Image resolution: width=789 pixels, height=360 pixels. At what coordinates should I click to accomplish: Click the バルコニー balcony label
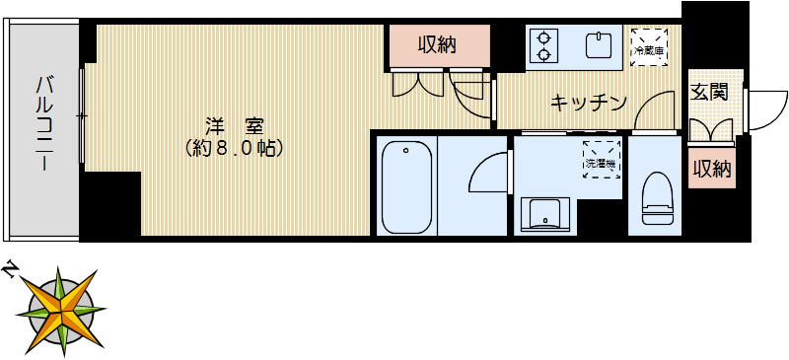point(44,123)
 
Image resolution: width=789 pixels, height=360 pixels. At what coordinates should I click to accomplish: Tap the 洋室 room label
point(233,125)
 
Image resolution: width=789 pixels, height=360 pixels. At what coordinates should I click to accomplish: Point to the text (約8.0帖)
point(234,149)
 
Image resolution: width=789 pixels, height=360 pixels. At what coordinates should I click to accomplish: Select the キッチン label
point(589,101)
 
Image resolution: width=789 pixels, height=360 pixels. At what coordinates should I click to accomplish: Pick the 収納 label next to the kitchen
point(437,44)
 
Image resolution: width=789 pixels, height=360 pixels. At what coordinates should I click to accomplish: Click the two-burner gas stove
point(543,45)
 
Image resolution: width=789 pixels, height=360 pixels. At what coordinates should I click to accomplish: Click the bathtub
point(404,187)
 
